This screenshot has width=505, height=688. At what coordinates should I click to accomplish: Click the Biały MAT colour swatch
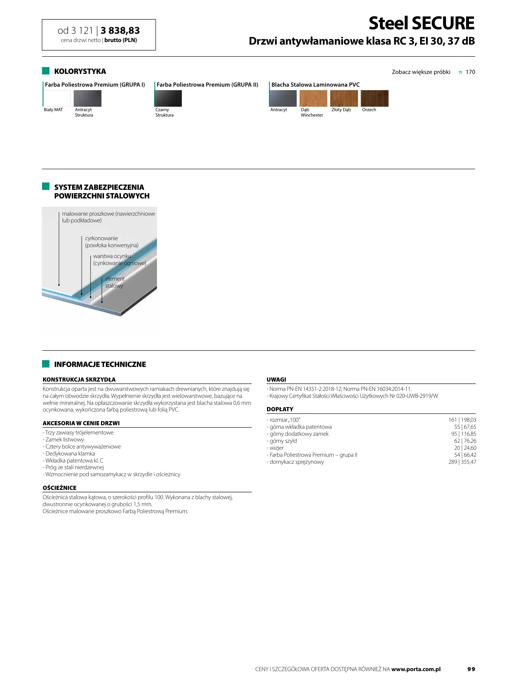[57, 98]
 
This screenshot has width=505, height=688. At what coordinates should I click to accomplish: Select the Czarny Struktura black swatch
[168, 98]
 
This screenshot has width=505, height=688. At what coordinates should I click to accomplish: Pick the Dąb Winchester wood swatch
[313, 98]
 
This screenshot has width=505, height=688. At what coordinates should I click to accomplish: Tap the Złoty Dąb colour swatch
[344, 98]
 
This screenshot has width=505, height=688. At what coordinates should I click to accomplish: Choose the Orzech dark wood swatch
[375, 98]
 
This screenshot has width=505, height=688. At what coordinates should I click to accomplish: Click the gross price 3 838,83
[120, 31]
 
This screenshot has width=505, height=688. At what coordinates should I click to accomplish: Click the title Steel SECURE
[421, 23]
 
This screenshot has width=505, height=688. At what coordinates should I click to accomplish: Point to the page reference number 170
[470, 72]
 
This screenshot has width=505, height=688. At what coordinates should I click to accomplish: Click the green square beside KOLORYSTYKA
[46, 71]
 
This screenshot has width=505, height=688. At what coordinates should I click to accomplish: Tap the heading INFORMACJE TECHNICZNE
[100, 364]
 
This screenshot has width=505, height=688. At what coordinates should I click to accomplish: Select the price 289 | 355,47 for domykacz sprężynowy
[462, 462]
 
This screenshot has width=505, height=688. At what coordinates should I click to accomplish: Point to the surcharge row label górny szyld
[283, 441]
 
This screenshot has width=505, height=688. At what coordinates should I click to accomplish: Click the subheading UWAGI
[276, 379]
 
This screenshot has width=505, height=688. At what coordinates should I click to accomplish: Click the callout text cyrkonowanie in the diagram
[101, 238]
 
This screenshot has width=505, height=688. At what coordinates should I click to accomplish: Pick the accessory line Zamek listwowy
[64, 440]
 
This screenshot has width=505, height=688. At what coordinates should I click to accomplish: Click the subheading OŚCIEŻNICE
[60, 488]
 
